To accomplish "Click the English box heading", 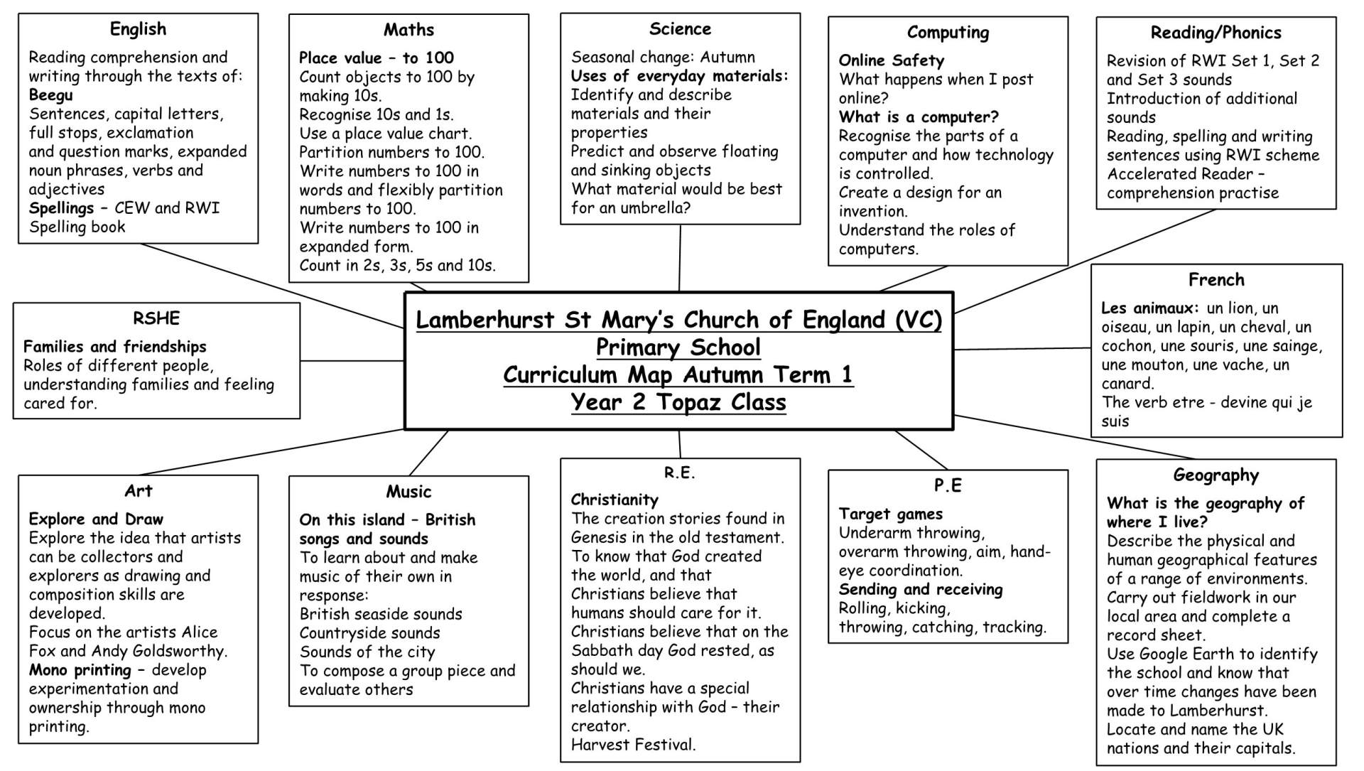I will point(138,29).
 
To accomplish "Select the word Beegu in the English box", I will point(50,95).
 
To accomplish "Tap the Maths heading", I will point(408,30).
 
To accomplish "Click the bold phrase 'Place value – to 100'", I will point(376,58).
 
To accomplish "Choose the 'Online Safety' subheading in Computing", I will point(892,61).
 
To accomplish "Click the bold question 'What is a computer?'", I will point(919,117).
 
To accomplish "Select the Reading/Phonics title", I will point(1216,33).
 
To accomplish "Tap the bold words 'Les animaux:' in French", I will point(1149,308).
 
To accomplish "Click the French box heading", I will point(1216,280).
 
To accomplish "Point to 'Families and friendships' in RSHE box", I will point(114,347).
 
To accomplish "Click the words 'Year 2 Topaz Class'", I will point(678,403).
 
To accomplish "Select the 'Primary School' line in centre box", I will point(678,348).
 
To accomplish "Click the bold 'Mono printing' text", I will point(80,670).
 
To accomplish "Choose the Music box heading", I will point(408,492).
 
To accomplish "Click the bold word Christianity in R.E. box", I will point(615,500).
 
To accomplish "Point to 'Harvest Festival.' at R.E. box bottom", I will point(633,745).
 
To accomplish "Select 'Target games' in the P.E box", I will point(890,514).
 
